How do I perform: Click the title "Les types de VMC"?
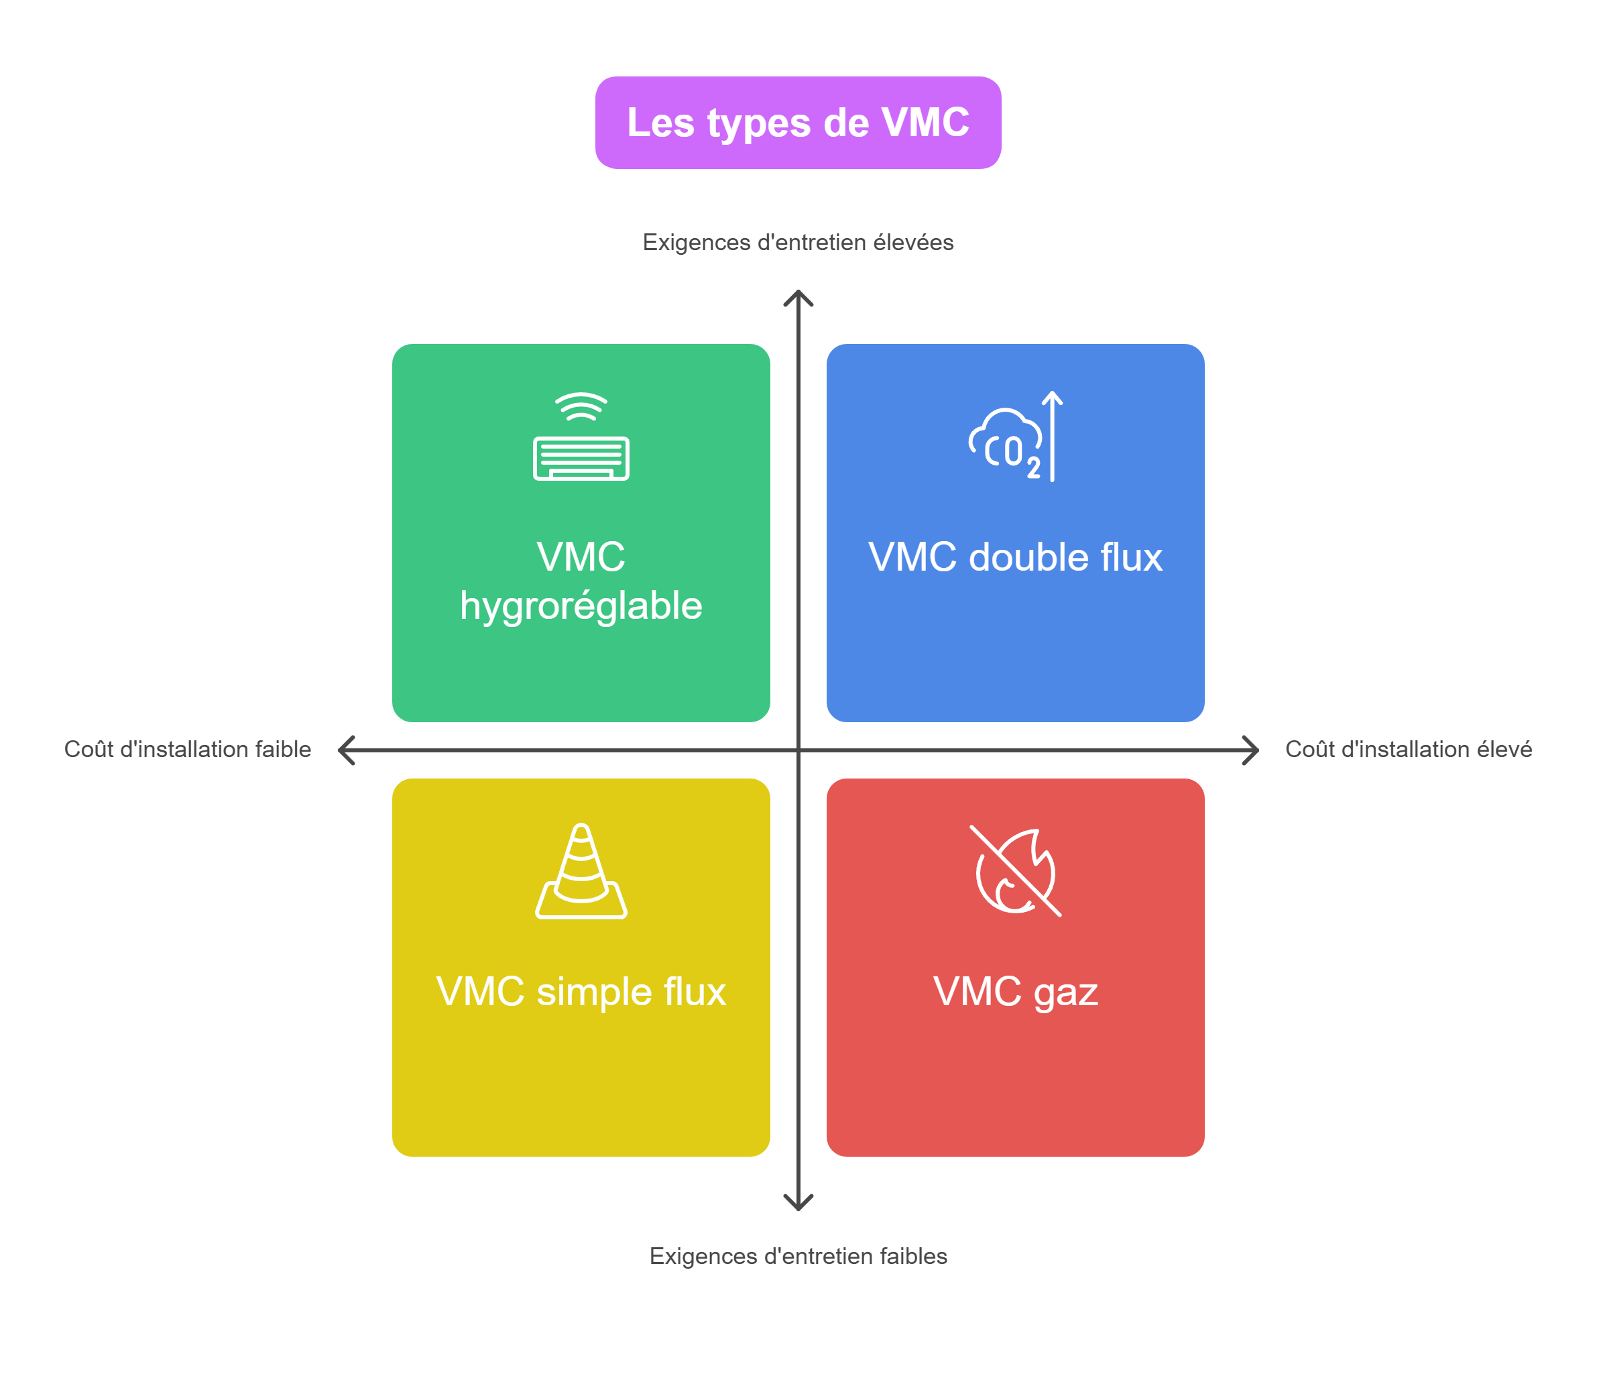pos(798,123)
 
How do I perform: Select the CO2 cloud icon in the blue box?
pos(1006,443)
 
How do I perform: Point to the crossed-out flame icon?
pos(1015,871)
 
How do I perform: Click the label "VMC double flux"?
pos(1015,557)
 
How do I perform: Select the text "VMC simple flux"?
pos(581,992)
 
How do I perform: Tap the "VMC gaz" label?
pos(1015,992)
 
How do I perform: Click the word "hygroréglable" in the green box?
pos(581,606)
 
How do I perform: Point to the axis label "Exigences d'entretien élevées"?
pos(798,242)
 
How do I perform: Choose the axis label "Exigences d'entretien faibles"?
pos(798,1256)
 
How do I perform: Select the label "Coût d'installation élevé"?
pos(1408,750)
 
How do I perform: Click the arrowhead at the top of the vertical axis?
pos(798,296)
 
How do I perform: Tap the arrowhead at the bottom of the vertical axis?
pos(798,1204)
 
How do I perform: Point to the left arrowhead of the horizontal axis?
pos(345,750)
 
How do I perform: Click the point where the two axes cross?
pos(798,750)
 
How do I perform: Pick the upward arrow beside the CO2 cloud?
pos(1052,436)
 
